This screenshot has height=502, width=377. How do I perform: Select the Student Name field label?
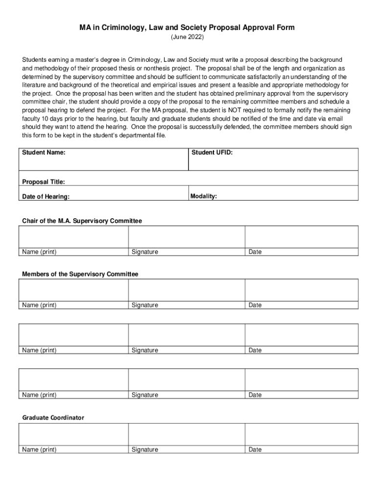click(x=44, y=153)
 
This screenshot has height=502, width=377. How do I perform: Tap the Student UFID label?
click(x=212, y=153)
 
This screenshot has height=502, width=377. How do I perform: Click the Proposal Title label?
click(x=44, y=182)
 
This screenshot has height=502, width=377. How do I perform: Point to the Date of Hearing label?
click(x=46, y=197)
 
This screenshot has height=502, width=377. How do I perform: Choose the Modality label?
click(x=204, y=196)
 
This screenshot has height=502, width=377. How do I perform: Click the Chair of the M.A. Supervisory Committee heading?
click(x=82, y=221)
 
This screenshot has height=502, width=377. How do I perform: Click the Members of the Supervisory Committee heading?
click(x=80, y=274)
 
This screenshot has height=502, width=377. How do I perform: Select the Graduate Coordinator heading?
click(x=53, y=418)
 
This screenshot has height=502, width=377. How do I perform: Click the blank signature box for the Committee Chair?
click(x=186, y=237)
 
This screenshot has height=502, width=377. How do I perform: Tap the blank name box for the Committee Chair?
click(x=73, y=237)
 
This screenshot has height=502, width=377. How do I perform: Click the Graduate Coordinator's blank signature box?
click(x=186, y=434)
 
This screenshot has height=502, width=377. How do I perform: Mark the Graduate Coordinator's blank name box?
click(x=73, y=434)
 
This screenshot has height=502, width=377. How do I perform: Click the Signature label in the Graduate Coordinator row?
click(x=145, y=450)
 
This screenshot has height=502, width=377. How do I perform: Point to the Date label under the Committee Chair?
click(x=255, y=252)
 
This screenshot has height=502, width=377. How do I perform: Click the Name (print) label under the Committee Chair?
click(x=39, y=252)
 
